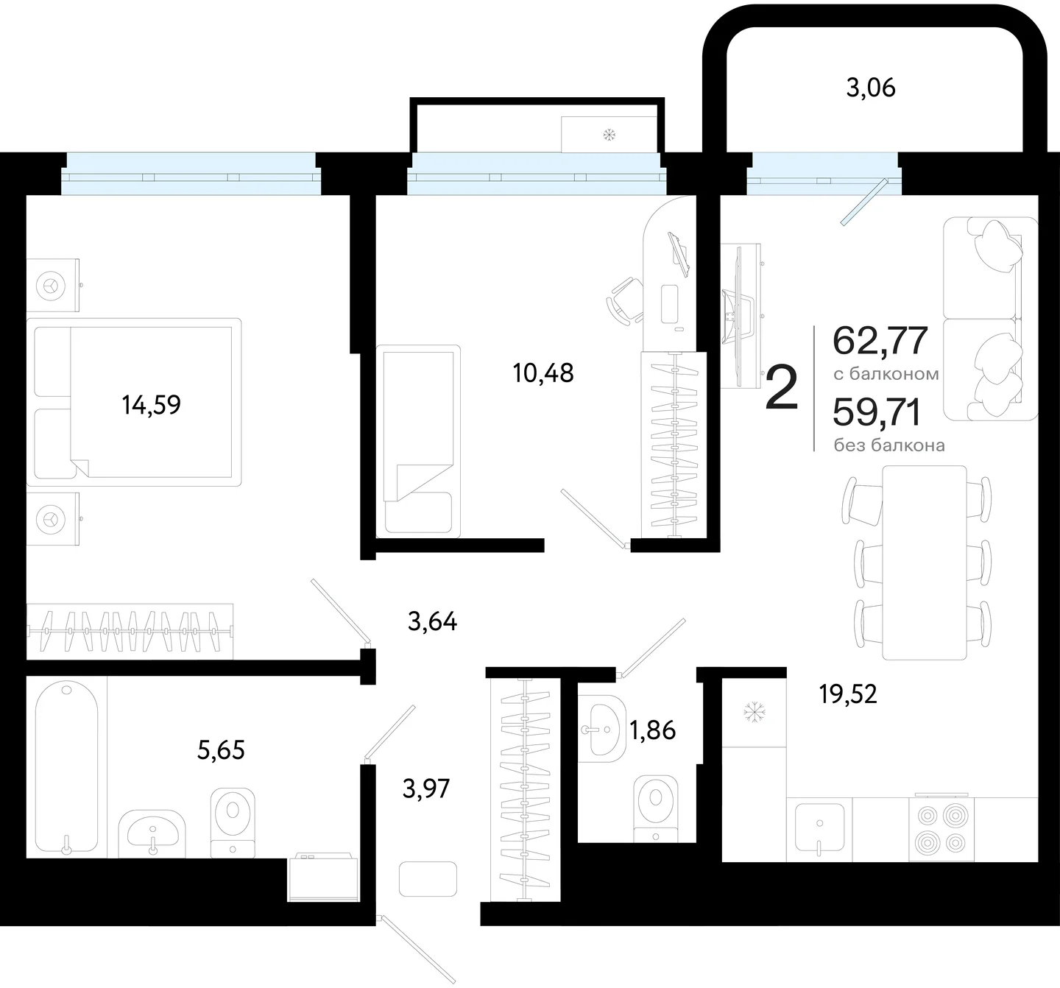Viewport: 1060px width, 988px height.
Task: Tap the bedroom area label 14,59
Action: (151, 405)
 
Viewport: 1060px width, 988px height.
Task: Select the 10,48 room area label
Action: (543, 373)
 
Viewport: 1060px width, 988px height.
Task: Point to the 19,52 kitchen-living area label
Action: (848, 694)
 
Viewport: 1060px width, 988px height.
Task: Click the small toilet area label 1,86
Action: (652, 730)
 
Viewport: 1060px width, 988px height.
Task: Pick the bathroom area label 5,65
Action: (221, 749)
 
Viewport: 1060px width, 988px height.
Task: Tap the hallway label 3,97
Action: (426, 788)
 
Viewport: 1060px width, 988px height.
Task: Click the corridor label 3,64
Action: (432, 621)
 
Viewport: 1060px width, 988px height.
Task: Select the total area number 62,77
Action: (880, 341)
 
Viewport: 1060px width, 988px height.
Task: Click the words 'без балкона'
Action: (889, 445)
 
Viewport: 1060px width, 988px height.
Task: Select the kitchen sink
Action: (819, 828)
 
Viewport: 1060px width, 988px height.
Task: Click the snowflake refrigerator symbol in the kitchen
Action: (755, 712)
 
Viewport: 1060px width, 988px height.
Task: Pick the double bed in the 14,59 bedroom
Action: (134, 402)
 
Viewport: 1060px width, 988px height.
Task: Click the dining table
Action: (925, 562)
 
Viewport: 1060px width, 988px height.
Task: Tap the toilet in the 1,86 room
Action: (655, 808)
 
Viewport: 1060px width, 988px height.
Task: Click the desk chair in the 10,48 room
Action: (624, 301)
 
